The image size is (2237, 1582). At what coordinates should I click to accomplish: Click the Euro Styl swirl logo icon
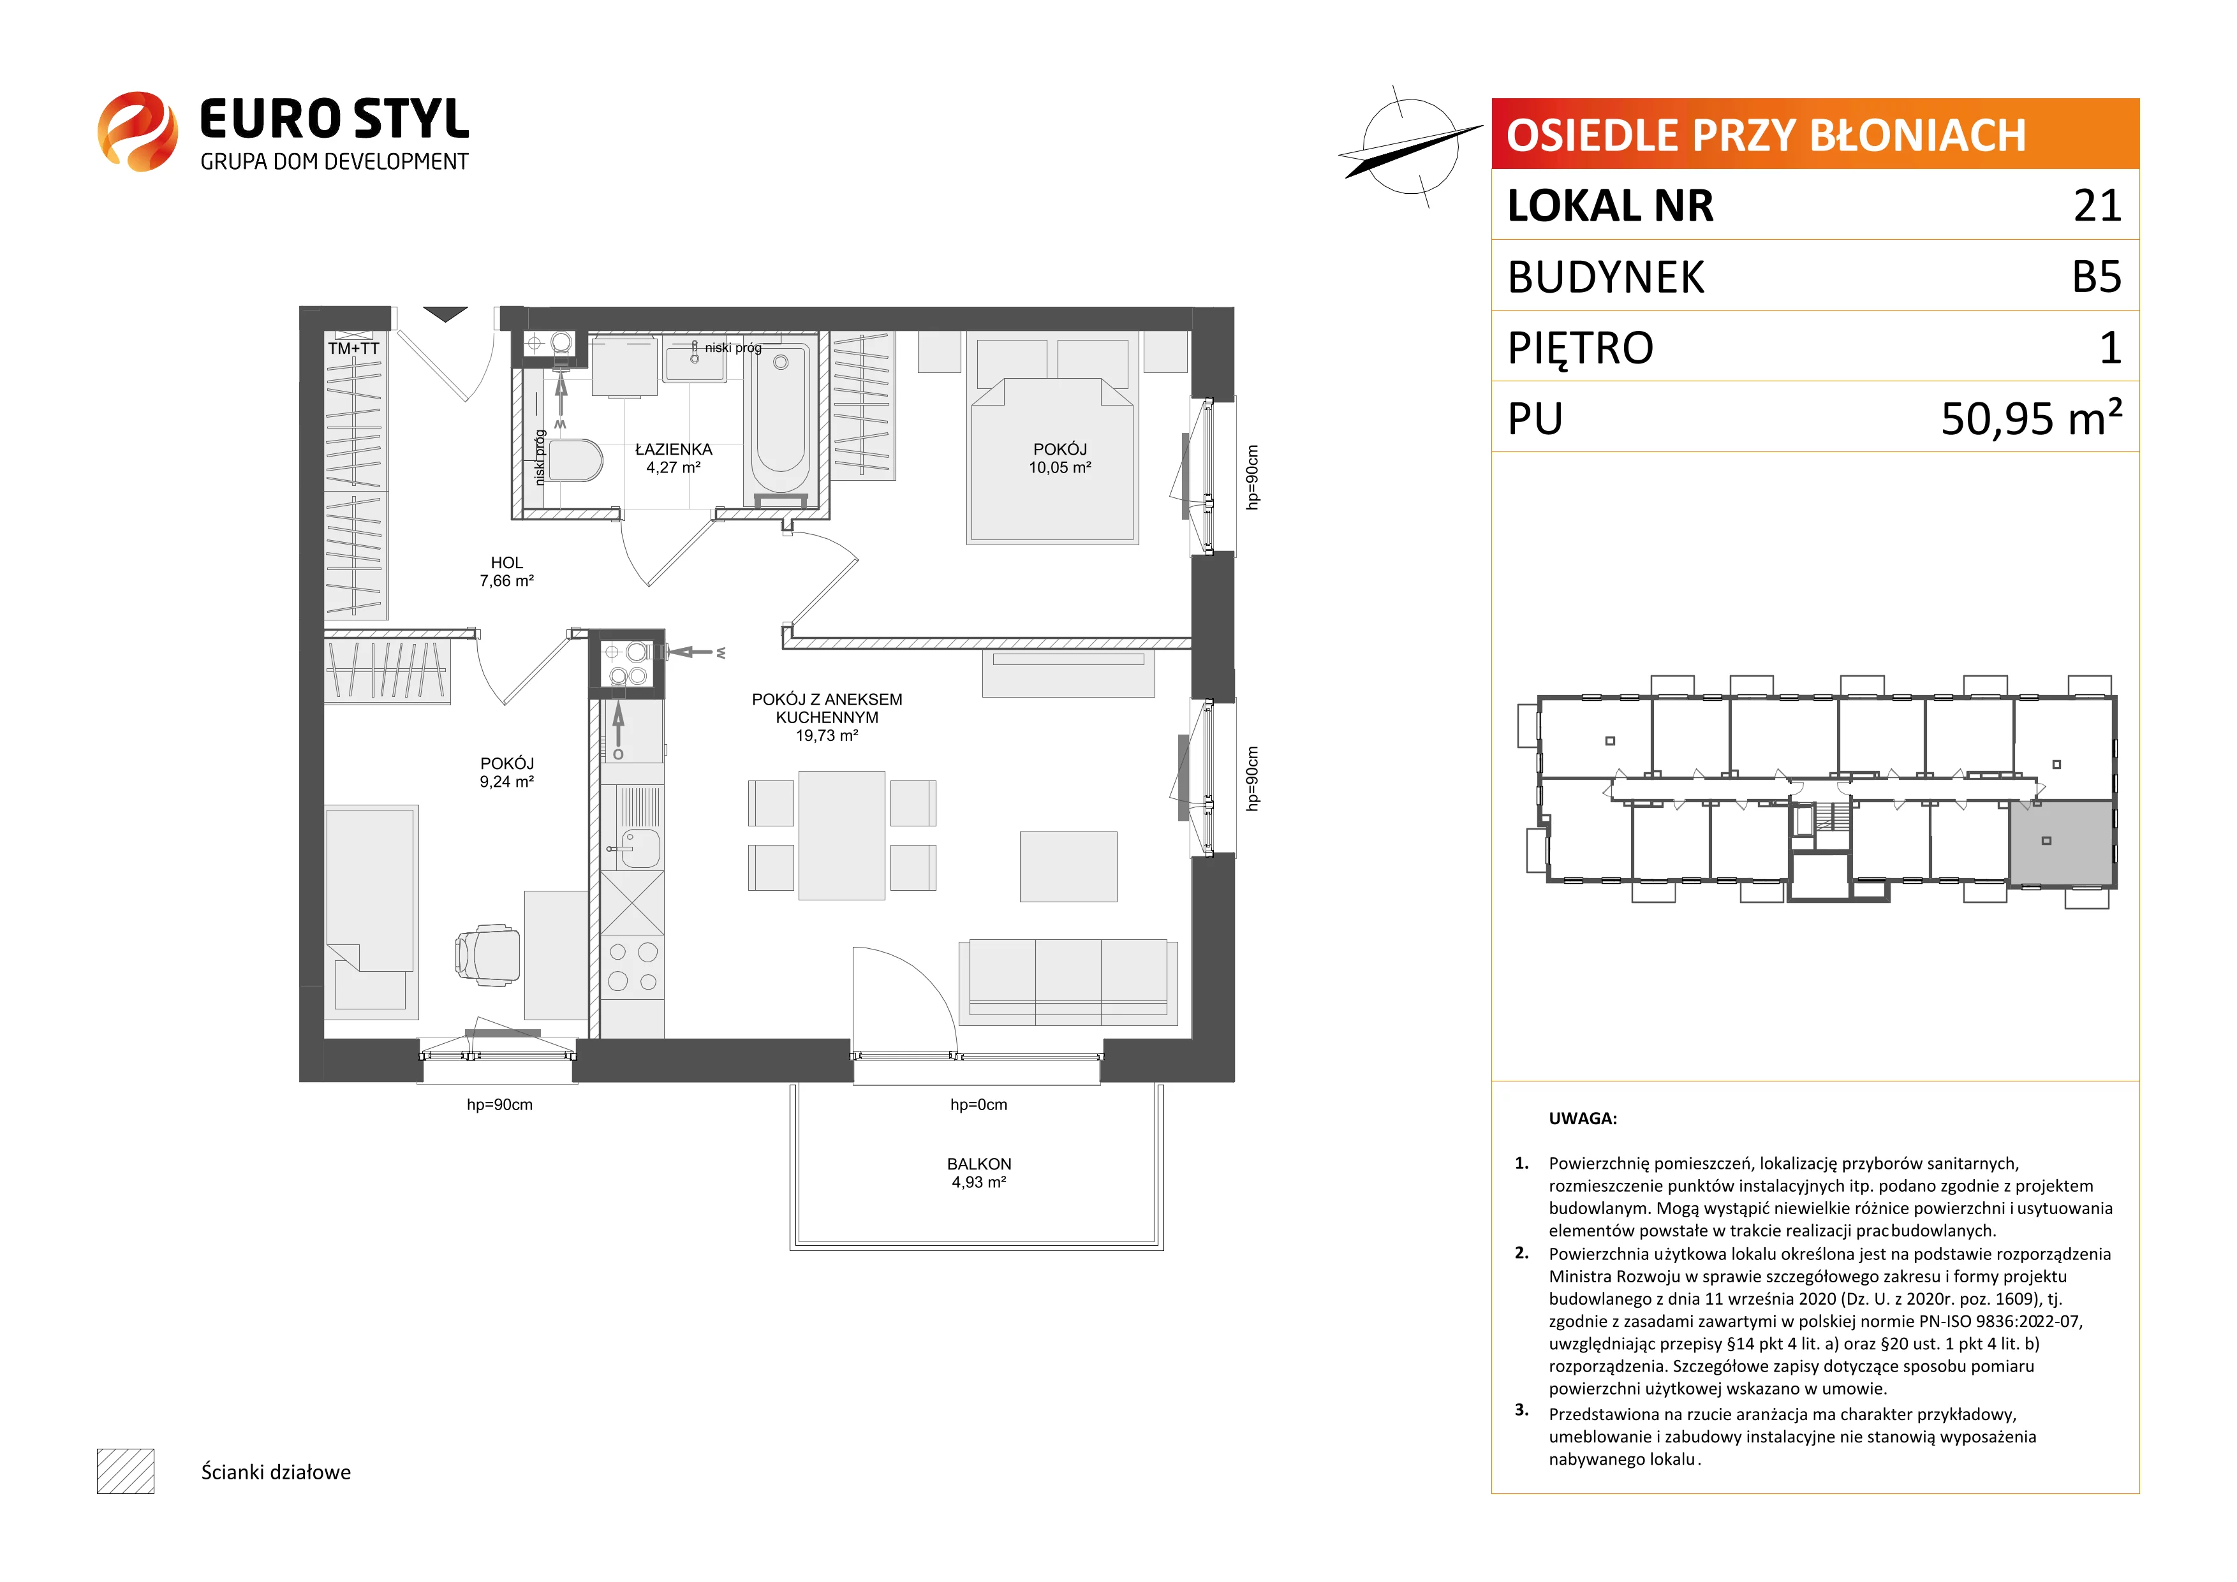pyautogui.click(x=137, y=131)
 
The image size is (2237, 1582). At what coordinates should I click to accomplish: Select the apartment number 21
pyautogui.click(x=2097, y=205)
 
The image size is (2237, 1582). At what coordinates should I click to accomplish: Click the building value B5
pyautogui.click(x=2097, y=277)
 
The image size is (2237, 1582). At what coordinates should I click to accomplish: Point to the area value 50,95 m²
pyautogui.click(x=2032, y=418)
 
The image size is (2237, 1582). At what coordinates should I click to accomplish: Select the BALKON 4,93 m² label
pyautogui.click(x=979, y=1173)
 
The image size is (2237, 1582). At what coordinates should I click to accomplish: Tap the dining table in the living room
pyautogui.click(x=842, y=835)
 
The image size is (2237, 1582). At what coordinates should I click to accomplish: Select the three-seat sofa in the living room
pyautogui.click(x=1068, y=982)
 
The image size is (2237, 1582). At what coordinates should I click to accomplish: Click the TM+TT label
pyautogui.click(x=353, y=348)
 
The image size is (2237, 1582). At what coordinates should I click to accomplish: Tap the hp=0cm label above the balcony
pyautogui.click(x=979, y=1104)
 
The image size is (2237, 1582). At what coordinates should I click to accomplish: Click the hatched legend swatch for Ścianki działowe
pyautogui.click(x=126, y=1471)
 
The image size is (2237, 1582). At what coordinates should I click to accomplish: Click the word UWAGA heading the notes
pyautogui.click(x=1583, y=1118)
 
